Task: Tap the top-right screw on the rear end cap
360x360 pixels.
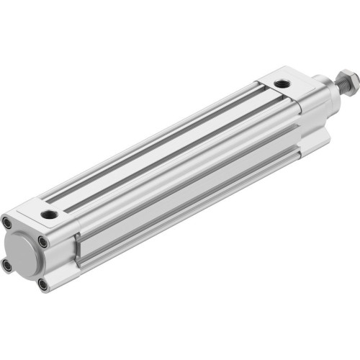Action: click(x=44, y=242)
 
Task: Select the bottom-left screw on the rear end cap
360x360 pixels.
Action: click(x=8, y=266)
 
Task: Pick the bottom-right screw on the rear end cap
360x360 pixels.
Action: click(x=43, y=284)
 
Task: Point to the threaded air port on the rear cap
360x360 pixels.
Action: click(x=48, y=215)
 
